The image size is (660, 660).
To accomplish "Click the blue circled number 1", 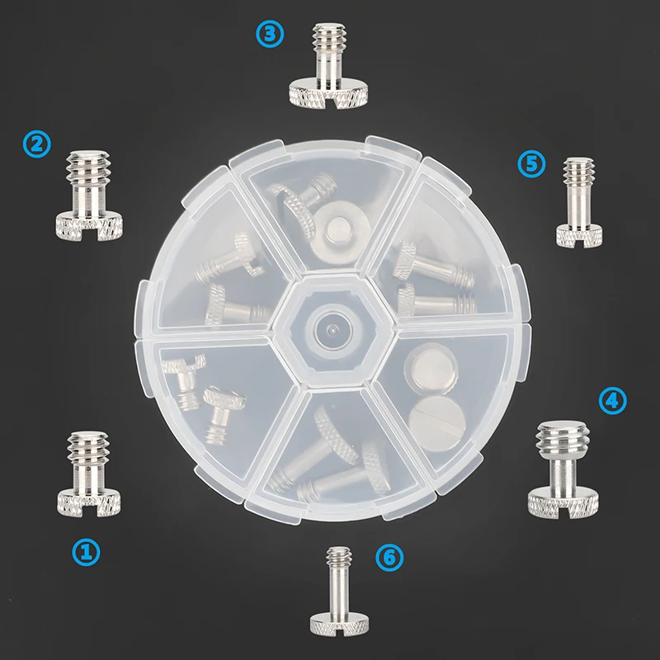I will click(x=87, y=551).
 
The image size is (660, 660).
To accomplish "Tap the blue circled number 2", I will click(x=37, y=144).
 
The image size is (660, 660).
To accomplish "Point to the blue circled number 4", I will click(x=611, y=401).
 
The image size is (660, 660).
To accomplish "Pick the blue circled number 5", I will click(x=532, y=163).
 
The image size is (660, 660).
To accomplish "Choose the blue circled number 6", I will click(x=389, y=558).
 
